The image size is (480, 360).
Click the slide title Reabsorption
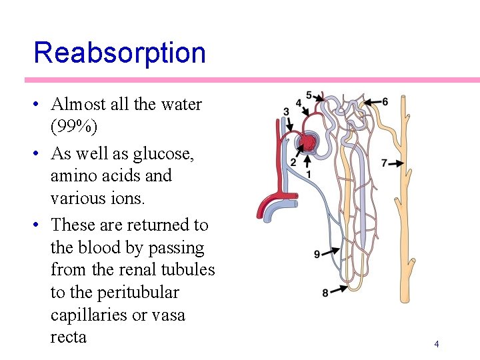pyautogui.click(x=119, y=53)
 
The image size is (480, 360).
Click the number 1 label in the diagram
pyautogui.click(x=308, y=174)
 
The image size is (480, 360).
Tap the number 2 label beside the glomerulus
pyautogui.click(x=293, y=163)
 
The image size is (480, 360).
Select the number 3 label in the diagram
pyautogui.click(x=286, y=111)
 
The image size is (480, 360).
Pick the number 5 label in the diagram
pyautogui.click(x=309, y=95)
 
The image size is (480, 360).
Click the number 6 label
pyautogui.click(x=385, y=101)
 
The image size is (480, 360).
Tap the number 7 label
pyautogui.click(x=384, y=163)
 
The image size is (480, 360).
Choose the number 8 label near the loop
pyautogui.click(x=325, y=292)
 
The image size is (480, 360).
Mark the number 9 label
pyautogui.click(x=317, y=253)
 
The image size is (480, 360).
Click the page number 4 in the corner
pyautogui.click(x=437, y=344)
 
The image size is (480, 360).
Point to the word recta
pyautogui.click(x=69, y=337)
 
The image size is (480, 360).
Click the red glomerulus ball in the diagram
pyautogui.click(x=309, y=142)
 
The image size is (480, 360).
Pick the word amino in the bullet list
pyautogui.click(x=74, y=176)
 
